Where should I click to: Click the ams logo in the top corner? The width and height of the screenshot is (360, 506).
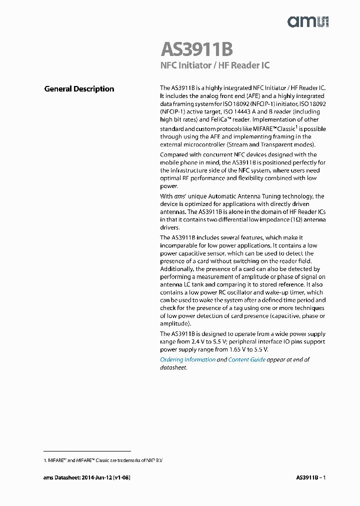307,21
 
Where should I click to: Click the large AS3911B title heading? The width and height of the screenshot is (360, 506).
196,50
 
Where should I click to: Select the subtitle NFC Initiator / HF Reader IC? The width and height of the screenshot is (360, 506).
215,66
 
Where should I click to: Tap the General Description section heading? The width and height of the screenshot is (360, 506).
79,89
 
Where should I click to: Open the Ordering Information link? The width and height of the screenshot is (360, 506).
187,359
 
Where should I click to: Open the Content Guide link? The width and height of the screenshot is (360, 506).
246,359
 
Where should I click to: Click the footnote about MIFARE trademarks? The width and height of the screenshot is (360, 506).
106,459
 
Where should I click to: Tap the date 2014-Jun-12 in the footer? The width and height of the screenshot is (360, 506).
93,478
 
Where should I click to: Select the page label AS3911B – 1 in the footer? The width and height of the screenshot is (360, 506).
310,478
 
